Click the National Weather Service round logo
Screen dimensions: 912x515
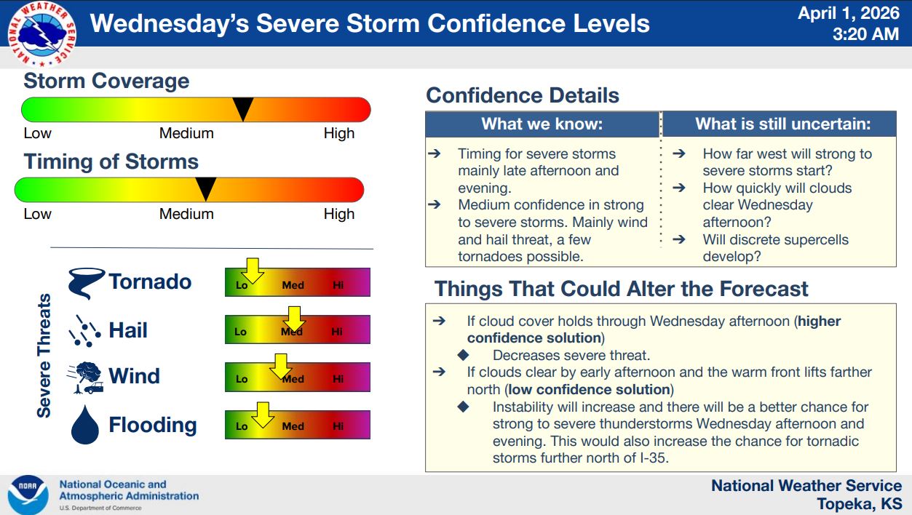42,33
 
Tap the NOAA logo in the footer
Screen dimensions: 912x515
28,495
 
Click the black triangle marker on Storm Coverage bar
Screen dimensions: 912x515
243,108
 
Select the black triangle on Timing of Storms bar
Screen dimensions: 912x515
205,188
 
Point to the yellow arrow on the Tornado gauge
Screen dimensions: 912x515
253,271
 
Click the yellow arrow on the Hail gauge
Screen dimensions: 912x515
294,319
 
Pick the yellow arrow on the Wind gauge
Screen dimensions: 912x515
281,366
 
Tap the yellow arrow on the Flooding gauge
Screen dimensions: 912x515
263,415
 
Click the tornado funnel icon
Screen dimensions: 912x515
87,283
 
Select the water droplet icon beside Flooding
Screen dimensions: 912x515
85,424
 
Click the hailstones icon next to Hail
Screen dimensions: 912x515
84,331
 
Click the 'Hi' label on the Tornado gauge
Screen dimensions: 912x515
338,284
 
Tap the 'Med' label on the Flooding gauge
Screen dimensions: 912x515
293,426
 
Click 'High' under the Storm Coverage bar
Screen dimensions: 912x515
339,133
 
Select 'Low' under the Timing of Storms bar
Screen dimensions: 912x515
37,214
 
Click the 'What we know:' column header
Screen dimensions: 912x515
542,124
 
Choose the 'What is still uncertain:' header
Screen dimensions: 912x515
782,124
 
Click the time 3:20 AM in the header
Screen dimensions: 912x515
865,33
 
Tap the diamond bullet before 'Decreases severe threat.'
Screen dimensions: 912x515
464,355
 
